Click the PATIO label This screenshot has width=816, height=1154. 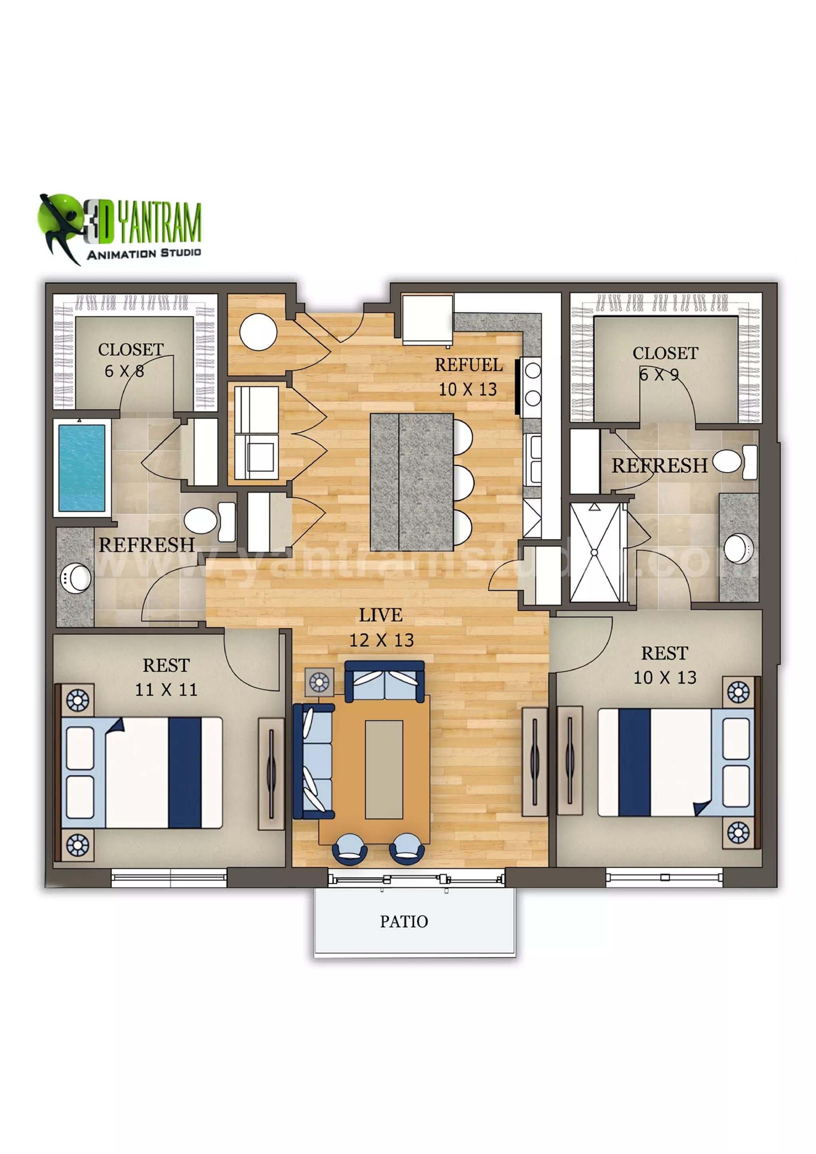click(x=404, y=921)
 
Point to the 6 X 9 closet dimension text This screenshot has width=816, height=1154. click(x=659, y=374)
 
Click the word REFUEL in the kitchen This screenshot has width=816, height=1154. click(x=469, y=365)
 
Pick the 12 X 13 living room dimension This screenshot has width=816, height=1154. click(x=382, y=640)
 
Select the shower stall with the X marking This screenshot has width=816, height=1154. click(x=595, y=552)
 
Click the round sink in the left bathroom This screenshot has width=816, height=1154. click(x=76, y=578)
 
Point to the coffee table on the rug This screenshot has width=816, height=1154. click(x=384, y=769)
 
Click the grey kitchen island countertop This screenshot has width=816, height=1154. click(x=411, y=482)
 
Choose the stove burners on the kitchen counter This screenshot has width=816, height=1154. click(x=532, y=385)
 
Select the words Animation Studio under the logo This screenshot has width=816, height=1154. click(x=144, y=253)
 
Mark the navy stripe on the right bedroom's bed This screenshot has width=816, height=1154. click(x=634, y=762)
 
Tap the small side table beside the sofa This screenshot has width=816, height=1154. click(x=319, y=682)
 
